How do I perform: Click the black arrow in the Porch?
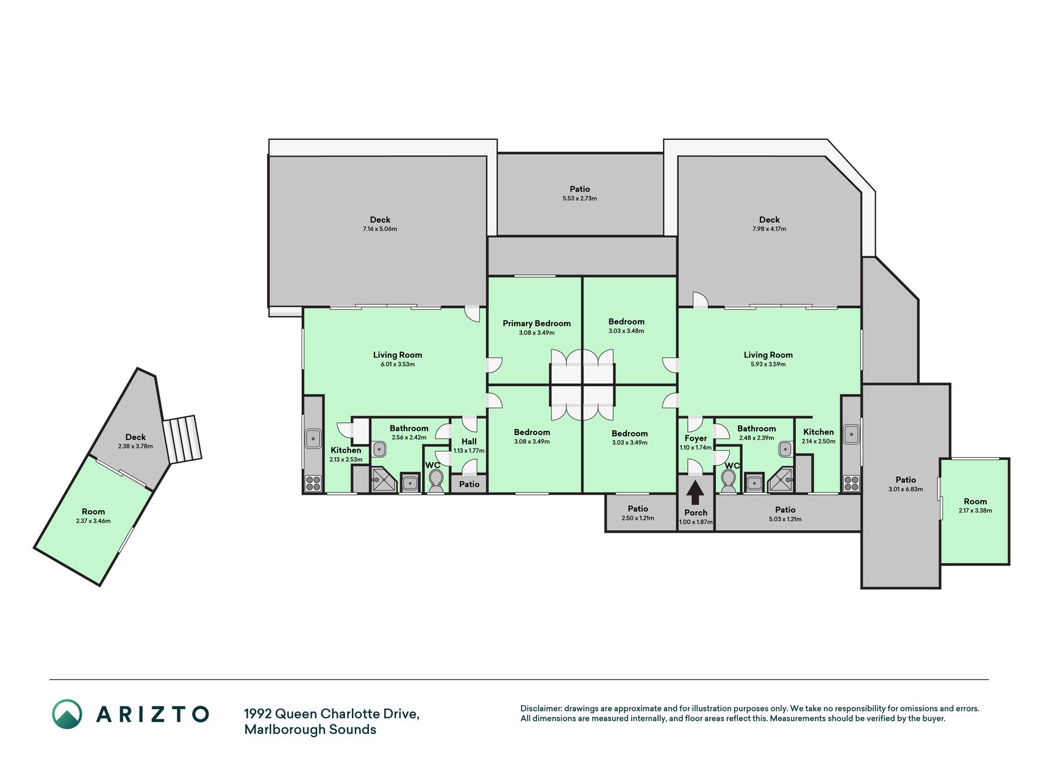[x=695, y=492]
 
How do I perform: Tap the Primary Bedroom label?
[x=537, y=323]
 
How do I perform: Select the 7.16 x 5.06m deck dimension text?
[x=380, y=229]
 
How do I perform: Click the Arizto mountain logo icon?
[x=67, y=714]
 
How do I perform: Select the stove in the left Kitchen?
[x=313, y=483]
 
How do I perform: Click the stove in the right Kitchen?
[x=851, y=483]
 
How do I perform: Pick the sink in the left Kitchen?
[x=313, y=438]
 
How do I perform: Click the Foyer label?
[x=696, y=438]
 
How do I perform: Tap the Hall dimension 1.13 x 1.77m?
[x=469, y=451]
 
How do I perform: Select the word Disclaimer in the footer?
[x=540, y=708]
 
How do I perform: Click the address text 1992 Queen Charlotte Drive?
[x=332, y=714]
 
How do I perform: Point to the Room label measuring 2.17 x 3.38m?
[x=975, y=502]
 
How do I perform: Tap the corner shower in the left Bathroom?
[x=384, y=480]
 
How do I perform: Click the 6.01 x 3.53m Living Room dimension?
[x=398, y=364]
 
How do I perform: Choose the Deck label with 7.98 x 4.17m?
[x=770, y=220]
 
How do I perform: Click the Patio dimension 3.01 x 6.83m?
[x=906, y=489]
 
